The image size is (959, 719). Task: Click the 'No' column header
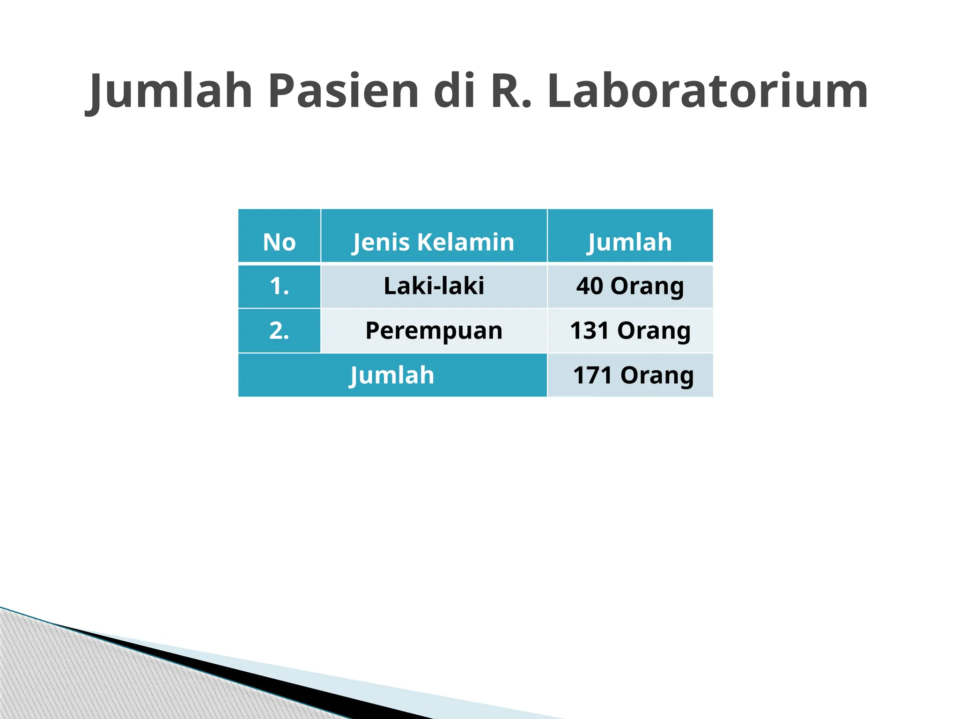(279, 242)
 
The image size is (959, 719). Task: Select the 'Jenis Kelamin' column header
(434, 242)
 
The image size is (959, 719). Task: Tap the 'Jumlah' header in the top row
(630, 242)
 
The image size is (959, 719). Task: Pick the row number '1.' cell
(279, 286)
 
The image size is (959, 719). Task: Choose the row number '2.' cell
(279, 330)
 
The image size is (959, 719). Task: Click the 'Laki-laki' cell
(434, 286)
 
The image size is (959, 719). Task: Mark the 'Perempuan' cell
(434, 330)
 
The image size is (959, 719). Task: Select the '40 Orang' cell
(630, 286)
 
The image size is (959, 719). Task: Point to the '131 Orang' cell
(630, 330)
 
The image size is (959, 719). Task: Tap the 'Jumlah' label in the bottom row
(392, 375)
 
